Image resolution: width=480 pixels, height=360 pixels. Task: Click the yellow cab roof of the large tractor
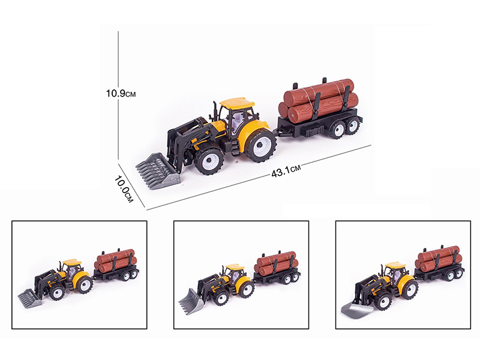click(x=237, y=103)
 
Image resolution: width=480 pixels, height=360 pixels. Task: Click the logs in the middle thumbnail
click(x=275, y=262)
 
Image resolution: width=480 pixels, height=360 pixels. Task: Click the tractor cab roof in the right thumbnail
click(x=394, y=265)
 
